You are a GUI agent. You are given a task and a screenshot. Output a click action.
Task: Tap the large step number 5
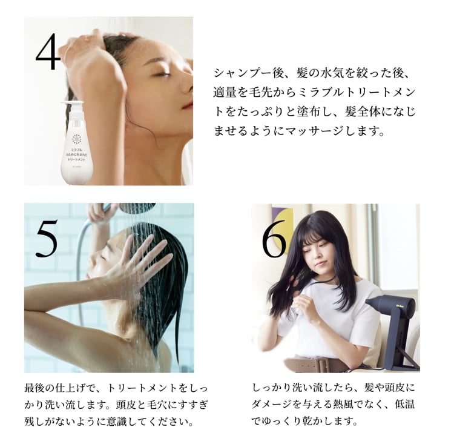46,237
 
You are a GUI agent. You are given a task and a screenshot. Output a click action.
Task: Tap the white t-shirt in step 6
339,321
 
